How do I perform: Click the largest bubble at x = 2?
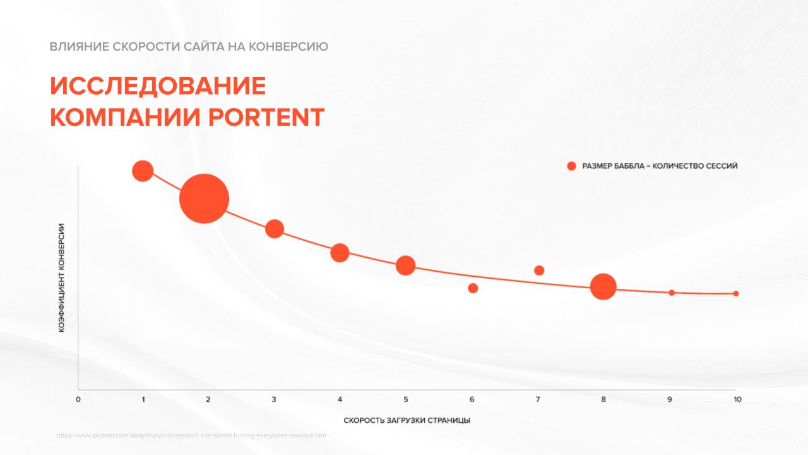click(x=204, y=198)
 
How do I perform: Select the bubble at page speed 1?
click(x=143, y=171)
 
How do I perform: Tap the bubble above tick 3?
click(x=274, y=229)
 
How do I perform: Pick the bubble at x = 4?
click(x=340, y=253)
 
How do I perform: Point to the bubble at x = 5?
click(x=405, y=265)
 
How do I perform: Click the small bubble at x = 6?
click(x=473, y=288)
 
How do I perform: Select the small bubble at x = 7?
click(x=539, y=270)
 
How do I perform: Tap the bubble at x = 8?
click(x=603, y=286)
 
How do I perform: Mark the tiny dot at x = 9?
click(x=672, y=293)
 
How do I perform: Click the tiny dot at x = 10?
click(x=736, y=293)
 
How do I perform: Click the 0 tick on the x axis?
click(x=78, y=399)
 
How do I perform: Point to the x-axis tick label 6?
click(x=472, y=399)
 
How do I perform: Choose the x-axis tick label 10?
click(x=737, y=399)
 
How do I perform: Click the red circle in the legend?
click(x=571, y=166)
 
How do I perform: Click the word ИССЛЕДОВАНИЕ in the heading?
click(x=158, y=86)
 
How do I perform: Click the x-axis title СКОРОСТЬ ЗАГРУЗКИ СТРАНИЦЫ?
click(x=407, y=420)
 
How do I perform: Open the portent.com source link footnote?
click(x=191, y=435)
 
